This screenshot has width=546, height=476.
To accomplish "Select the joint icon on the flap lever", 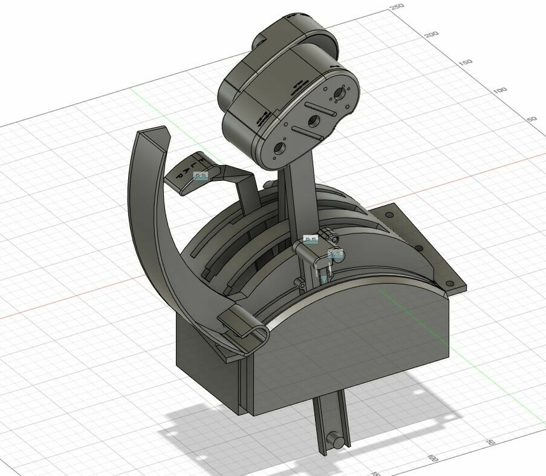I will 200,176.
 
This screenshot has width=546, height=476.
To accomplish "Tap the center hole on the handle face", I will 313,121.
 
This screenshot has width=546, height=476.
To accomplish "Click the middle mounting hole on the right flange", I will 418,248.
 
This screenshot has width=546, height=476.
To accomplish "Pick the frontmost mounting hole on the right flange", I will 450,283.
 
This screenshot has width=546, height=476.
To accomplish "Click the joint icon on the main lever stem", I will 311,239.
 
